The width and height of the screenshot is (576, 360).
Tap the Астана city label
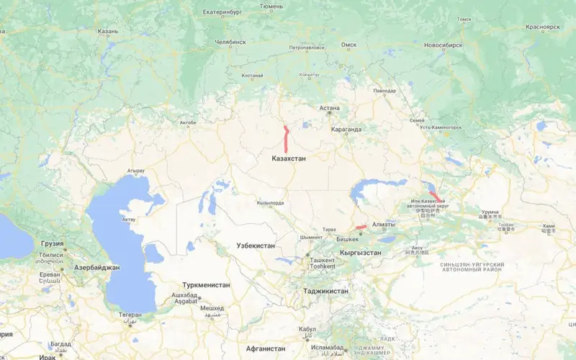(330, 108)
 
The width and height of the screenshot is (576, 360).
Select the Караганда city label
(346, 130)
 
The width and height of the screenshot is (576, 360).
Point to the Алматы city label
(384, 225)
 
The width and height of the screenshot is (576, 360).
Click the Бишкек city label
(348, 238)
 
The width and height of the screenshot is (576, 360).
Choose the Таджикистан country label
(325, 291)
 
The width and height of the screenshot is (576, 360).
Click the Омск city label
(348, 45)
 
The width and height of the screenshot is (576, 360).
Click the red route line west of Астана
(286, 138)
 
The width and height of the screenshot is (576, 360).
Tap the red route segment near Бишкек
(361, 228)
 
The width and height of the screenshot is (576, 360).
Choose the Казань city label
(107, 32)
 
